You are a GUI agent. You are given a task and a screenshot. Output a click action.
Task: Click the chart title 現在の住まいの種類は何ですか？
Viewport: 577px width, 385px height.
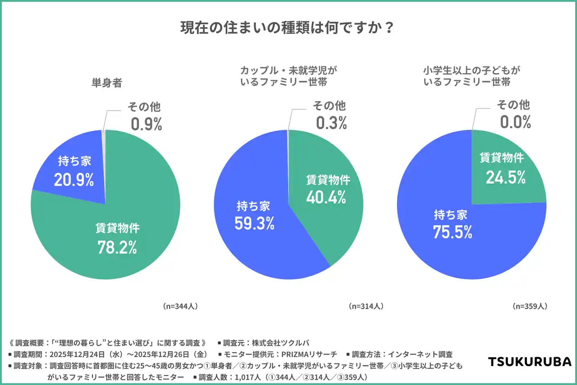click(x=288, y=28)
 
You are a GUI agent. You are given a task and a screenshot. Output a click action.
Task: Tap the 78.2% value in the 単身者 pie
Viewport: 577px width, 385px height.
click(x=117, y=247)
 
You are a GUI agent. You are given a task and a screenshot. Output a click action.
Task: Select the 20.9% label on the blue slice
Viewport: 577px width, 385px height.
click(x=74, y=180)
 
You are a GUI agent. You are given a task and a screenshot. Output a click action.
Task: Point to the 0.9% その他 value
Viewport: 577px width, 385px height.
click(x=147, y=124)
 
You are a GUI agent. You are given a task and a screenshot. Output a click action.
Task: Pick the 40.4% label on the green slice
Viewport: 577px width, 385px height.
click(x=326, y=197)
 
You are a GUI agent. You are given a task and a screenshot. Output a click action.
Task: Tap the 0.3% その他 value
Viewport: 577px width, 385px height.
click(x=331, y=123)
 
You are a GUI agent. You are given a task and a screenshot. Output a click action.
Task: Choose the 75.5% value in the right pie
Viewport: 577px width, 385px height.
click(x=452, y=232)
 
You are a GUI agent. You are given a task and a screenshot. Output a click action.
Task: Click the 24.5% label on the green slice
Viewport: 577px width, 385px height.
click(x=505, y=177)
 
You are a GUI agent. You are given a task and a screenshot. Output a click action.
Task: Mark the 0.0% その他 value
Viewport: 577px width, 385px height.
click(x=515, y=122)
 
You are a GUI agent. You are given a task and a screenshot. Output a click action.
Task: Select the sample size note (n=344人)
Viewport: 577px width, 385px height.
click(x=180, y=306)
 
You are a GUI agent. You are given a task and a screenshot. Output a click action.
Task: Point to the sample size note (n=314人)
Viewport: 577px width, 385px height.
click(x=366, y=306)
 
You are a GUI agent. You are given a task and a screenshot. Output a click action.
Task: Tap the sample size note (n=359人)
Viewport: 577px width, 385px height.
click(x=530, y=306)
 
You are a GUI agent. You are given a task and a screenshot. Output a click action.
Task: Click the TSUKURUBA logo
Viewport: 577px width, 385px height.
click(x=530, y=362)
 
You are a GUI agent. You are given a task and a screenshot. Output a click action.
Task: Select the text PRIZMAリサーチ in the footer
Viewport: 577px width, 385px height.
click(x=309, y=354)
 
